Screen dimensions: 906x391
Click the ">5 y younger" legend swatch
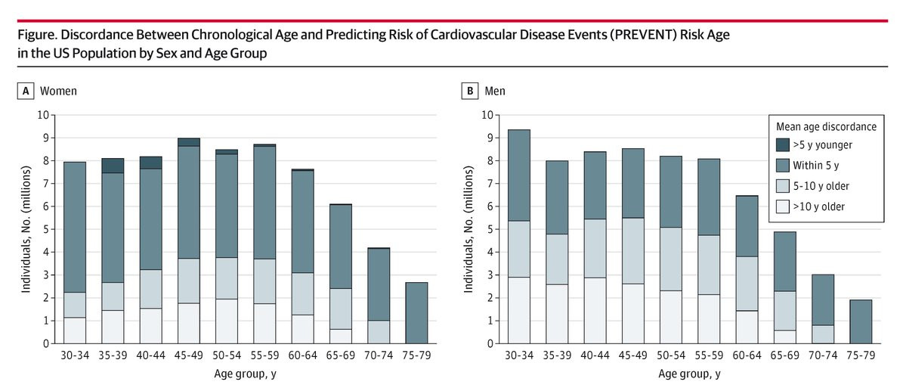782,143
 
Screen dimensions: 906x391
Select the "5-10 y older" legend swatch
782,185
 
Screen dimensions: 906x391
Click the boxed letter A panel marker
26,92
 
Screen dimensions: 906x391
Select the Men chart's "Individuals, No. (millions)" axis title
468,228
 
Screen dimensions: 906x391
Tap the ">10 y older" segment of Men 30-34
519,310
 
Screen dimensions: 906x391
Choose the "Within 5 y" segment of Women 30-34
75,228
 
